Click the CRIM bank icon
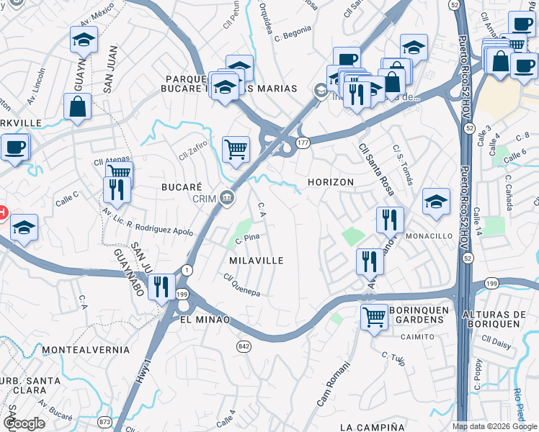pyautogui.click(x=228, y=197)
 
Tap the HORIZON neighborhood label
pyautogui.click(x=331, y=182)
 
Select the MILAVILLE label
pyautogui.click(x=256, y=260)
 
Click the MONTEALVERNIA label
pyautogui.click(x=86, y=350)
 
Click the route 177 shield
pyautogui.click(x=303, y=143)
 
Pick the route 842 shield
pyautogui.click(x=244, y=346)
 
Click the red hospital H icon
pyautogui.click(x=2, y=212)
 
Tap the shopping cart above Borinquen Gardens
pyautogui.click(x=373, y=315)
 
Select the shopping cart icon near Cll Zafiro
pyautogui.click(x=236, y=150)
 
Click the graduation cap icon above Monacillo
pyautogui.click(x=436, y=202)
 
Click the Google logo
pyautogui.click(x=24, y=423)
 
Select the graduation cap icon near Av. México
pyautogui.click(x=84, y=40)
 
